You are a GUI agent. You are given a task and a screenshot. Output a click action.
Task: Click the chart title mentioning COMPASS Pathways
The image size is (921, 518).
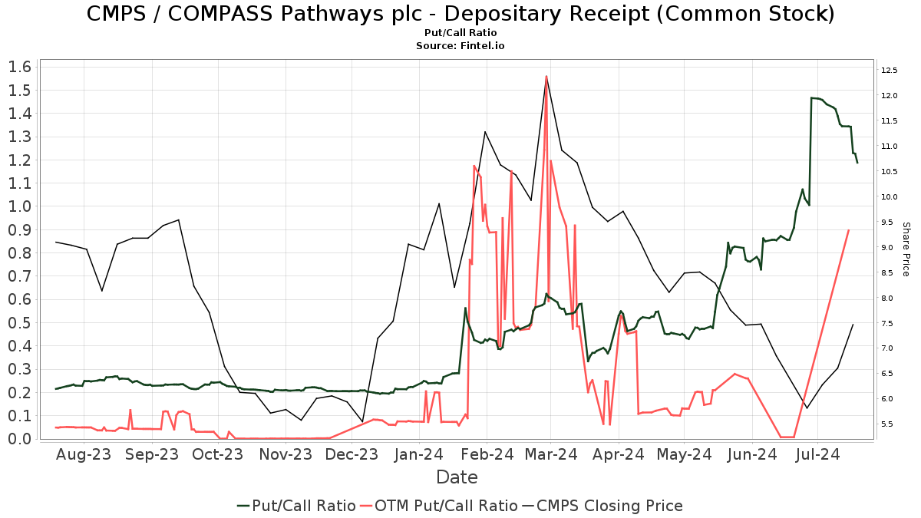tap(460, 14)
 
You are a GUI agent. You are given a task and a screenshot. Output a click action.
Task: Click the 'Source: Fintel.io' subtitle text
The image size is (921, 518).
tap(460, 46)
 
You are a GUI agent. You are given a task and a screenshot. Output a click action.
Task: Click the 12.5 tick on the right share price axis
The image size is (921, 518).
tap(890, 71)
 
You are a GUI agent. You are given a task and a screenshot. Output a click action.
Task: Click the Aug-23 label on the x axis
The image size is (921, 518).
tap(84, 454)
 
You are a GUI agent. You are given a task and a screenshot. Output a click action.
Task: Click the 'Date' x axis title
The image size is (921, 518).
tap(457, 477)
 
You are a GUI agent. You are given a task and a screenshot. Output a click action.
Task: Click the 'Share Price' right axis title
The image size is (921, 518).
tap(906, 249)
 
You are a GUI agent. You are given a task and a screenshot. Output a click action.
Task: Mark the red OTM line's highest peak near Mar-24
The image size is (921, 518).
tap(546, 76)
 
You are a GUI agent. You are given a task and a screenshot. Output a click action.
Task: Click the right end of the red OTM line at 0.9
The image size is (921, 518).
tap(848, 230)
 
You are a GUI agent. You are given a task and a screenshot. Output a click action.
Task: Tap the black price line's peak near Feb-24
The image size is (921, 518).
tap(485, 132)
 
